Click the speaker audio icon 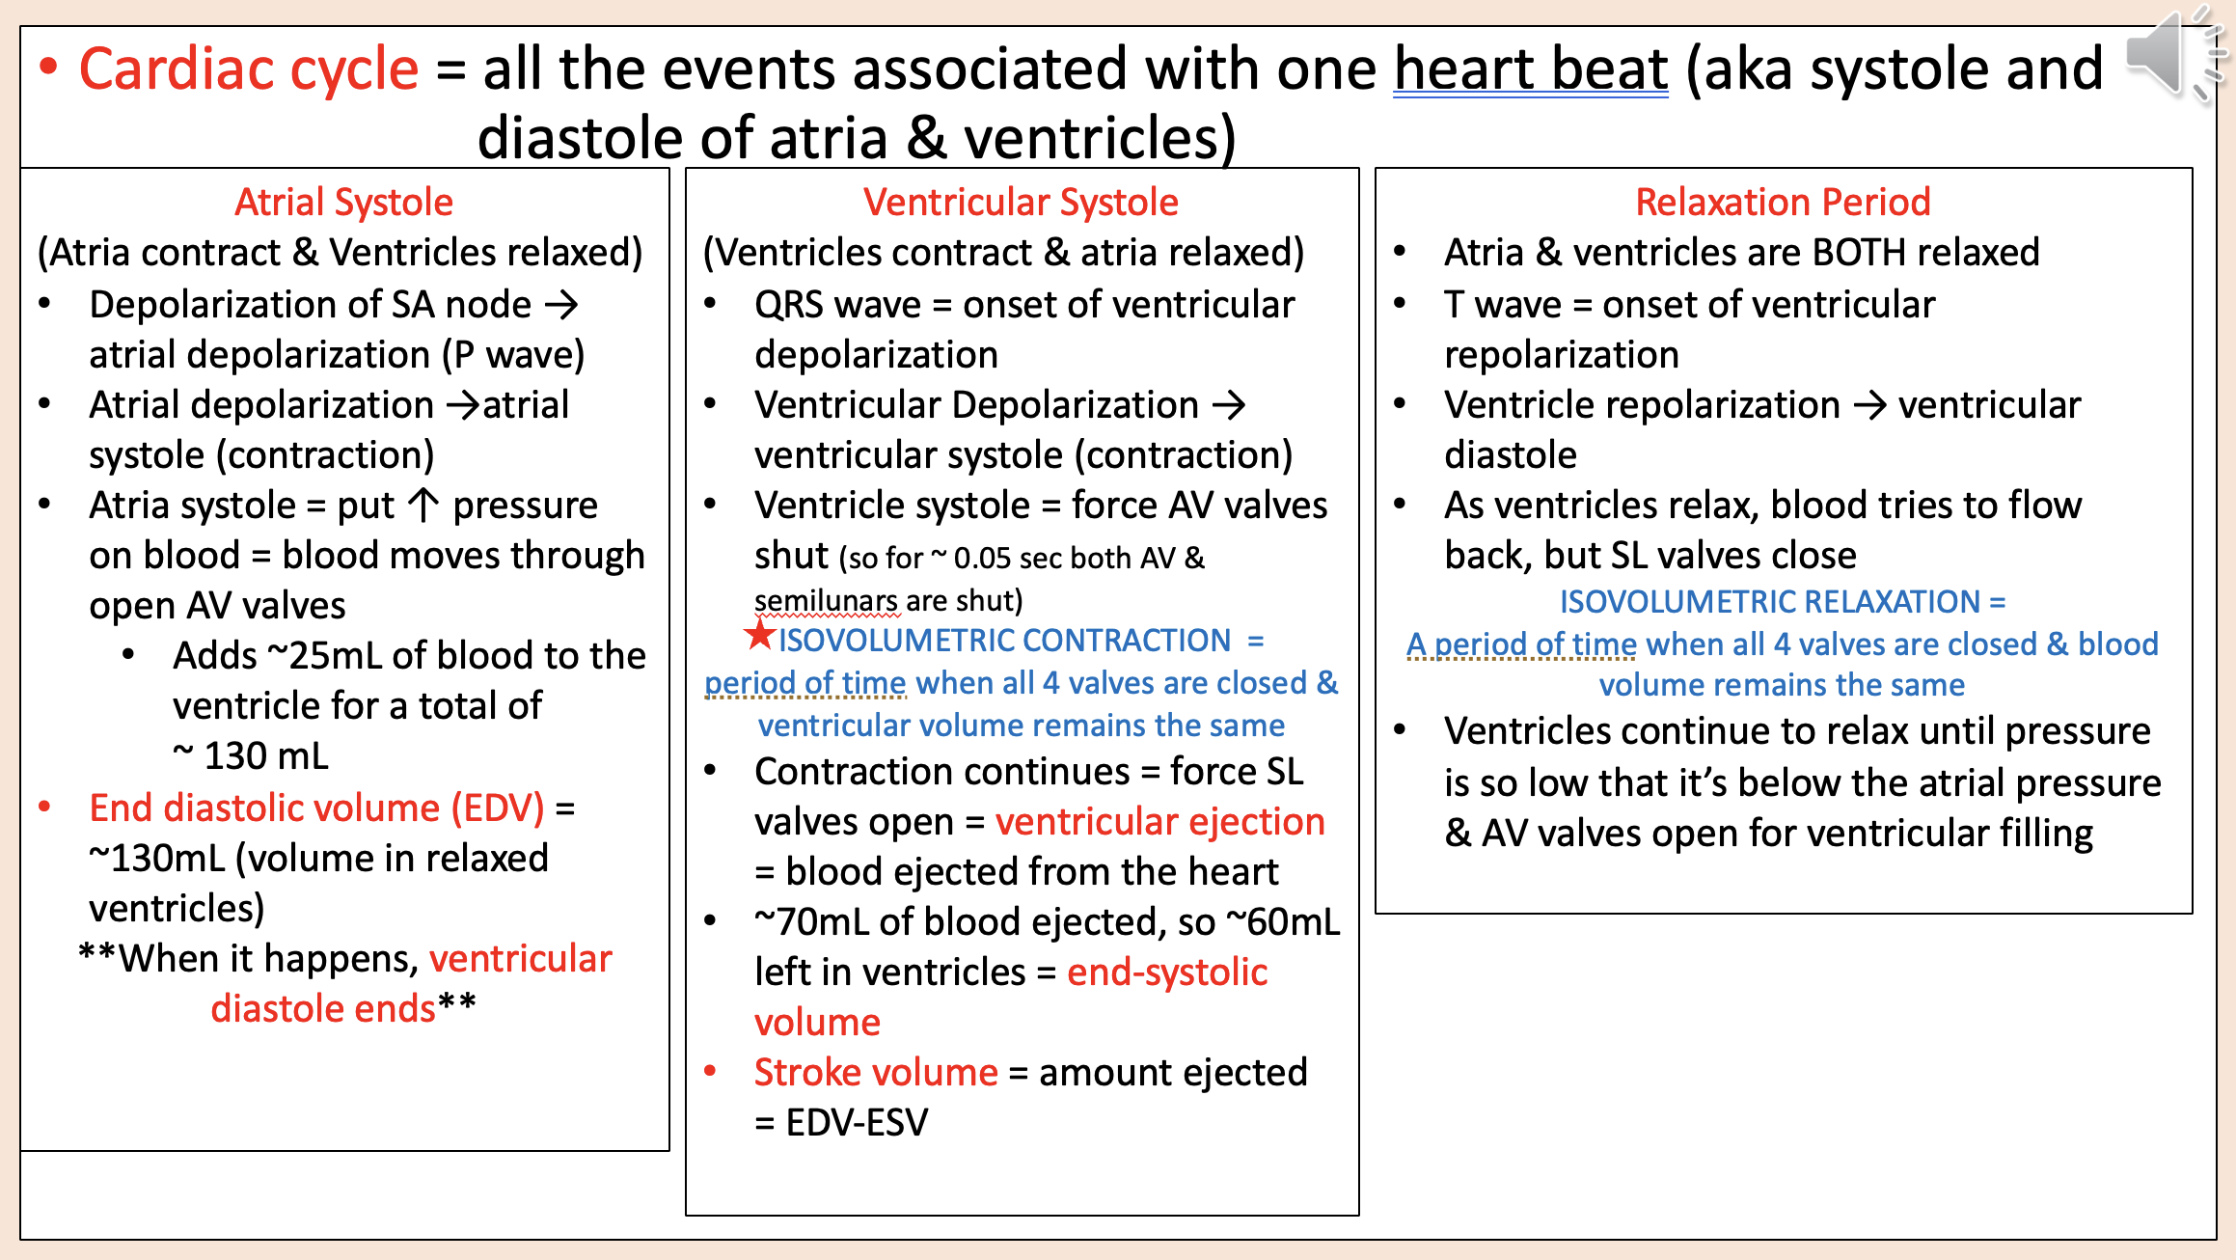point(2166,55)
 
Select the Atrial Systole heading point(343,203)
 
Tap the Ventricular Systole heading point(1021,203)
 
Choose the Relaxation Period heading point(1783,203)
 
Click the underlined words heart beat point(1530,69)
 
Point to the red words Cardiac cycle point(248,69)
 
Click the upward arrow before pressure point(423,505)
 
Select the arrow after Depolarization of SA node point(561,305)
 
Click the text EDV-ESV point(857,1122)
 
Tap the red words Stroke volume point(875,1072)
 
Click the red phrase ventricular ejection point(1159,822)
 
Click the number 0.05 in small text point(982,559)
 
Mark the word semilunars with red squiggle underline point(827,601)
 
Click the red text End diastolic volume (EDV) point(316,808)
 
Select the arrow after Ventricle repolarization point(1869,405)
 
